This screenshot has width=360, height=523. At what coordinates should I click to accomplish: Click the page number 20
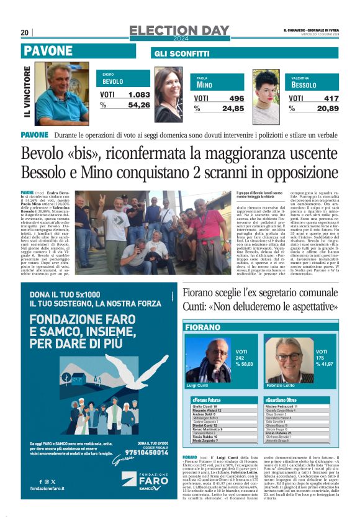coord(24,32)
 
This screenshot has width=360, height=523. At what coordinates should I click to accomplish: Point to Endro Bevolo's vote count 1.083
coord(138,94)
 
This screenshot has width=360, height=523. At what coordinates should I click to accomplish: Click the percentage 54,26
coord(138,105)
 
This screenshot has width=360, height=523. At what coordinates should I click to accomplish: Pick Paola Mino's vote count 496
coord(236,98)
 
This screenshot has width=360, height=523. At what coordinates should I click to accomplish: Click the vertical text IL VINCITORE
coord(27,93)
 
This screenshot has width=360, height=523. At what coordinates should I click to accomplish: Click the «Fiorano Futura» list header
coord(207,399)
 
